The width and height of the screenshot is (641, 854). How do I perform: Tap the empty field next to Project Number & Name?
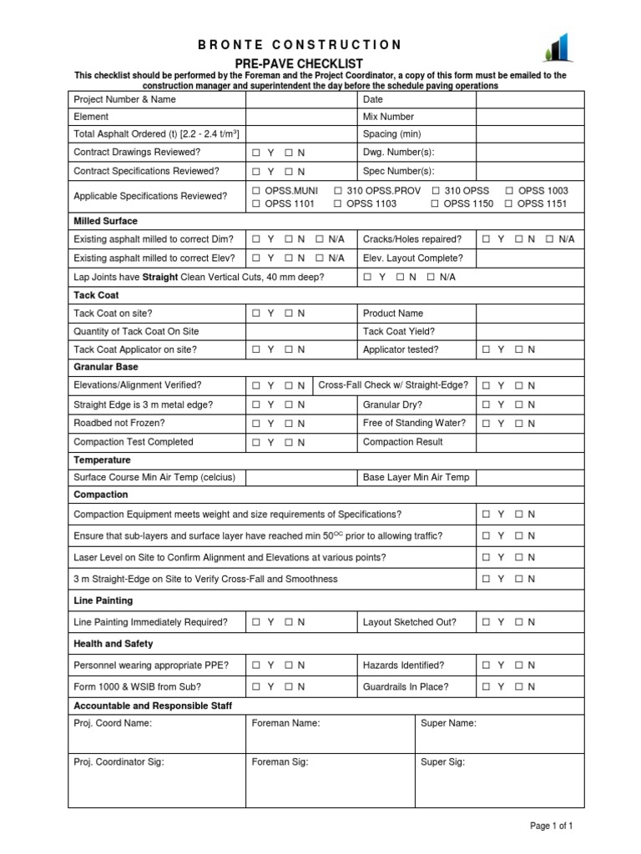(300, 99)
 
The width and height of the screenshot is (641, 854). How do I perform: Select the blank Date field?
(530, 99)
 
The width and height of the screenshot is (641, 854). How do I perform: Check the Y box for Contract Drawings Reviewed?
(257, 153)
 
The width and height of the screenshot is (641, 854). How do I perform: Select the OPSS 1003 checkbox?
(511, 191)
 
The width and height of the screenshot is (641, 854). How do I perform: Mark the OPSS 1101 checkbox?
(257, 203)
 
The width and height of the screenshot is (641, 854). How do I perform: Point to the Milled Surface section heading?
(106, 221)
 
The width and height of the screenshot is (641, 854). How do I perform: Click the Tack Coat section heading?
(97, 295)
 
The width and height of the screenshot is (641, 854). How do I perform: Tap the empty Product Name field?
(530, 314)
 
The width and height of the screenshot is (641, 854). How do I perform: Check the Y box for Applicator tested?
(487, 349)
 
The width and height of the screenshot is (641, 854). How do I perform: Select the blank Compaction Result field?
(530, 442)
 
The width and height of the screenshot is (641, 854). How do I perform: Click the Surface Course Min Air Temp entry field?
(300, 478)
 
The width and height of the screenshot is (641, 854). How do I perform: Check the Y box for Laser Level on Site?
(487, 557)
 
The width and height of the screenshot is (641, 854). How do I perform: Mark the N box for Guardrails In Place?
(519, 686)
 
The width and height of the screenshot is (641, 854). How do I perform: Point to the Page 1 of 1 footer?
(552, 826)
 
